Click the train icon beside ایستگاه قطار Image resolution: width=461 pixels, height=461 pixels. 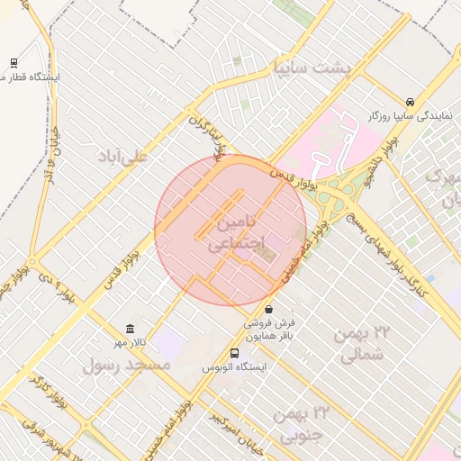pos(14,62)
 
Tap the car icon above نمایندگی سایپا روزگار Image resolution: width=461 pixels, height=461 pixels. pos(410,102)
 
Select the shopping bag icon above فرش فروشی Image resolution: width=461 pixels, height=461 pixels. pos(268,309)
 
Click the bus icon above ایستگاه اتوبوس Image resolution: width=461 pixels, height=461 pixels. pos(234,353)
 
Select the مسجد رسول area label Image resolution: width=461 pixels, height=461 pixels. pos(126,366)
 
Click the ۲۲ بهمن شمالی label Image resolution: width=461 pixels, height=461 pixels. pos(363,343)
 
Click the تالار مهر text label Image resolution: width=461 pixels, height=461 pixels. pos(129,343)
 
